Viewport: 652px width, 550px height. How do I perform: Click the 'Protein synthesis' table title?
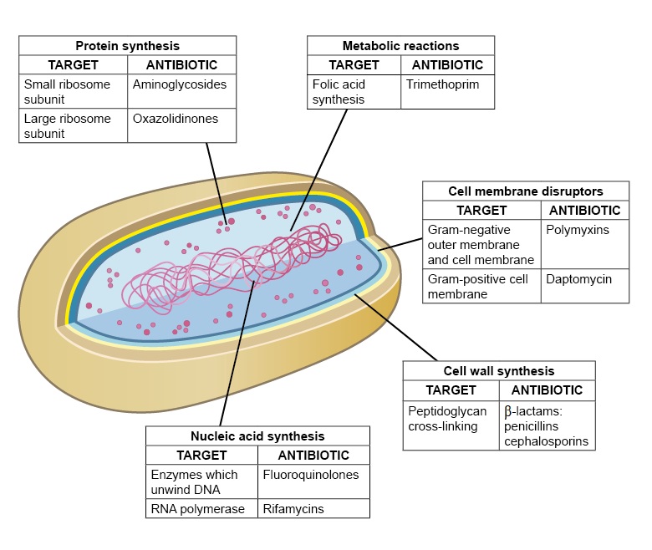(127, 45)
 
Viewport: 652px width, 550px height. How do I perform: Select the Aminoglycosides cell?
(179, 84)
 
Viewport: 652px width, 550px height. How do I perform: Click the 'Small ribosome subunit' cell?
(72, 91)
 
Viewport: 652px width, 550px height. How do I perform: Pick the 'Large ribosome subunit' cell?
(72, 125)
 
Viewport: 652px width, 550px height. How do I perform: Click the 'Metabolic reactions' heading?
(400, 45)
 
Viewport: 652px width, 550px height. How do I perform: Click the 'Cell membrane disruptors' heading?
(526, 191)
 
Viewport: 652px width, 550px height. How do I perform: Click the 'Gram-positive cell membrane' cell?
(481, 286)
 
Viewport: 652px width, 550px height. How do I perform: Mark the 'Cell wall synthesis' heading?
(498, 370)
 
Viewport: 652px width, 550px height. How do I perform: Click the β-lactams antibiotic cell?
(546, 425)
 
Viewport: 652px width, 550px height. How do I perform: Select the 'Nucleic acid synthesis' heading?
(257, 435)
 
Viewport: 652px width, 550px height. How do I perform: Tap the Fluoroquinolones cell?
(310, 474)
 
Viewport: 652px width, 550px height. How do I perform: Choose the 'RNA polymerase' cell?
(198, 508)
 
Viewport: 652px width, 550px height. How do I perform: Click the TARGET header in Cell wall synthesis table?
(451, 390)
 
